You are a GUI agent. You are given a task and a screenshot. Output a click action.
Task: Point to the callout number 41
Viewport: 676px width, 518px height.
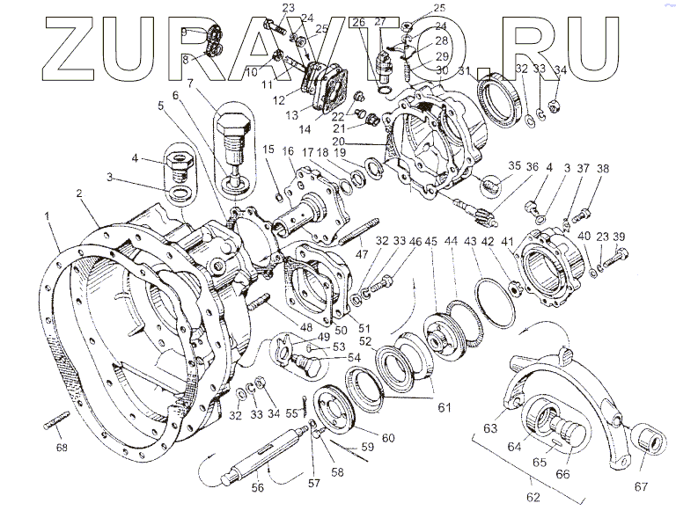508,242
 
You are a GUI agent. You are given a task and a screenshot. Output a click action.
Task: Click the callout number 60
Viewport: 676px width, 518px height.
388,438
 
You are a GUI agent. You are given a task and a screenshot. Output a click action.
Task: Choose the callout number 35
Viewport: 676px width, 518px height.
514,166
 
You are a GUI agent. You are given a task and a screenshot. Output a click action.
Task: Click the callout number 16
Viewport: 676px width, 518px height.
288,152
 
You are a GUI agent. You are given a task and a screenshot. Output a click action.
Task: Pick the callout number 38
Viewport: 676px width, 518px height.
603,169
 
